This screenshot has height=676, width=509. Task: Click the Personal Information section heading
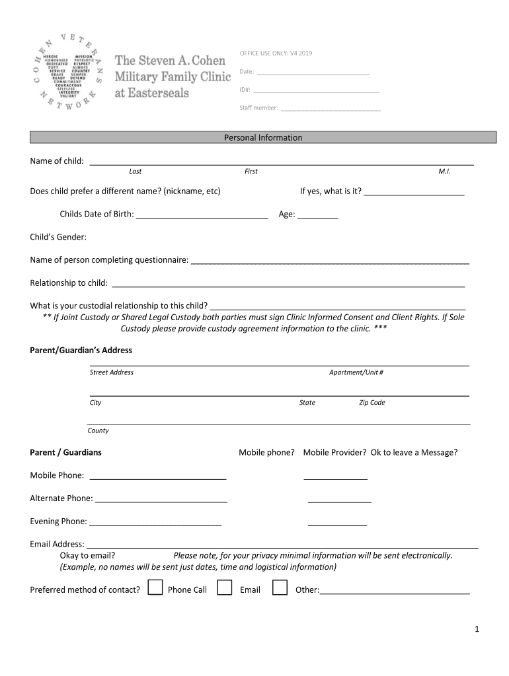(262, 137)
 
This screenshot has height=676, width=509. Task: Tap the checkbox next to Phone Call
(155, 588)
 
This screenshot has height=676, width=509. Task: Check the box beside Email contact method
(225, 588)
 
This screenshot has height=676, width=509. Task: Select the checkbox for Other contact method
(280, 588)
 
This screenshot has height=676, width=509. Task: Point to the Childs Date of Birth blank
(202, 215)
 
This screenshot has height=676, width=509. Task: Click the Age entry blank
(318, 215)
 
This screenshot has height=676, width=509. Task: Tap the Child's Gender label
(58, 237)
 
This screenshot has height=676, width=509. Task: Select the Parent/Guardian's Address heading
(81, 350)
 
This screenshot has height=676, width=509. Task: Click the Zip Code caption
(372, 403)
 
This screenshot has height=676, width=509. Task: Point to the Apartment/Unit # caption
(356, 372)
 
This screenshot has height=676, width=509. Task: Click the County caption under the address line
(98, 430)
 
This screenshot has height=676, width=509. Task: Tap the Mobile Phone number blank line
(157, 477)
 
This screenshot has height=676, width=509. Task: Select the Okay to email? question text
(87, 555)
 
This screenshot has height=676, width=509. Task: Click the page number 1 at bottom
(476, 630)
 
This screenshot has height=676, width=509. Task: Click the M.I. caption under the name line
(444, 172)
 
